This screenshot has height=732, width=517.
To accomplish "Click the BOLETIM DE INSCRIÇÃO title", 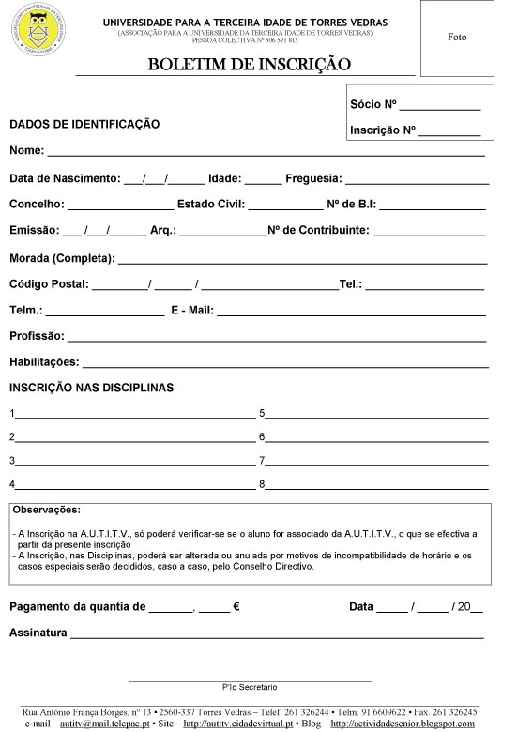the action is [x=249, y=65].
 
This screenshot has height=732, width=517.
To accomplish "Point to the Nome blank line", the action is [x=266, y=152].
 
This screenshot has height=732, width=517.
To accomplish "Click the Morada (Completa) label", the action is [x=62, y=258].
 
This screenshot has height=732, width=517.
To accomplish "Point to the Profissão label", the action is [x=37, y=336].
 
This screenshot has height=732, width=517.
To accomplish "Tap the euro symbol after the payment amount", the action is [x=236, y=607].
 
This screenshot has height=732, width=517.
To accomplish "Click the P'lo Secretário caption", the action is [x=250, y=688].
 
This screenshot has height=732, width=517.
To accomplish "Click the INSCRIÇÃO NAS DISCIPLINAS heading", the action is [x=91, y=388].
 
